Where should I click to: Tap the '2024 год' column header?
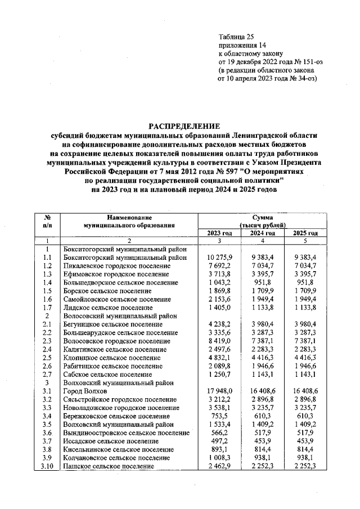pos(262,233)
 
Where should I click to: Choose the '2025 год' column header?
pos(305,233)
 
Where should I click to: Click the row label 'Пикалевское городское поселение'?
pos(112,265)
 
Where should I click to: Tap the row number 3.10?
pos(48,466)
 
